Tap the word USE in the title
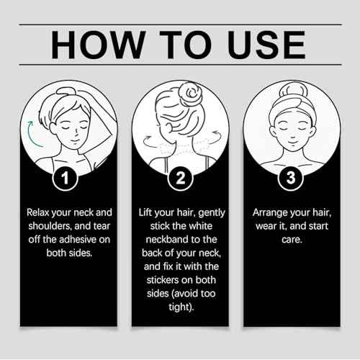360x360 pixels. pos(266,45)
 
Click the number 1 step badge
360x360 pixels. pos(65,179)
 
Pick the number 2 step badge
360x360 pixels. pos(180,179)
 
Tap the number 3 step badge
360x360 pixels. pos(291,178)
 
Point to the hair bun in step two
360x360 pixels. pos(190,92)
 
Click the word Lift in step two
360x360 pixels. pos(145,212)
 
